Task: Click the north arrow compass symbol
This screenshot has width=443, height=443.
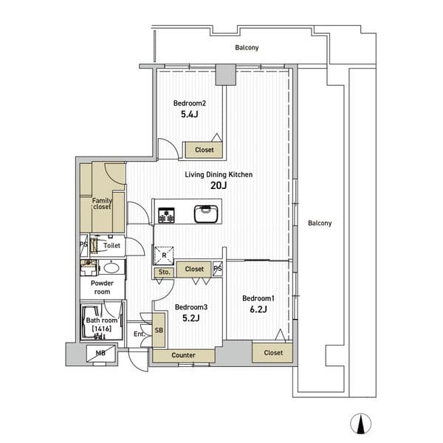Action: click(x=360, y=424)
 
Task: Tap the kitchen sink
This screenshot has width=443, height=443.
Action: click(x=206, y=213)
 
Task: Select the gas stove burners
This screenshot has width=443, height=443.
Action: click(x=166, y=215)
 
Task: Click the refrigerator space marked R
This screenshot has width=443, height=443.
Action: click(x=164, y=255)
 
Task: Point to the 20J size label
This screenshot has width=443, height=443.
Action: click(x=219, y=185)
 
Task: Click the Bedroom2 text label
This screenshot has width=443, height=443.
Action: click(x=190, y=103)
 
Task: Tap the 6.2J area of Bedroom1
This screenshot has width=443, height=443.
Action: click(x=258, y=309)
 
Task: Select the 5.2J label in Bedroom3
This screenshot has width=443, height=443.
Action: click(x=191, y=318)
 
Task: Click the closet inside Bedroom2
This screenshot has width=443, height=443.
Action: click(x=204, y=150)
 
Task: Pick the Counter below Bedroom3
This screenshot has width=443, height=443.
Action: click(x=184, y=355)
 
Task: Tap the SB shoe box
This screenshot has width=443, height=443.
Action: click(x=159, y=330)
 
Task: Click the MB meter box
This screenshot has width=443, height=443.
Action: click(x=100, y=353)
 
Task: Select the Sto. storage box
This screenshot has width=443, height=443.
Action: click(x=164, y=272)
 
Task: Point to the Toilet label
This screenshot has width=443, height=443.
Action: click(x=112, y=246)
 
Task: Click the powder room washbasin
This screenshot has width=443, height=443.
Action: click(x=111, y=267)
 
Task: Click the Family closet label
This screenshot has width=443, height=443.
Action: click(x=102, y=204)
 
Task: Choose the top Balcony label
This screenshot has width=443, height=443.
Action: click(x=247, y=47)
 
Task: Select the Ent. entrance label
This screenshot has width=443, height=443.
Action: click(x=140, y=334)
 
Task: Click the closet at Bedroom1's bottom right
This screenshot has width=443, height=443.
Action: click(x=272, y=353)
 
